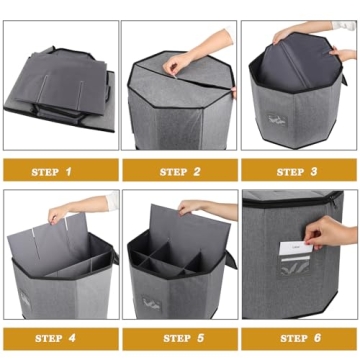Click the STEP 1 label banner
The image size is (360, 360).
58,171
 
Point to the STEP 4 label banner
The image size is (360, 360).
58,339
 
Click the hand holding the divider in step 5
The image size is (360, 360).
200,208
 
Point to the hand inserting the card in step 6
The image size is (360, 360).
335,234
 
